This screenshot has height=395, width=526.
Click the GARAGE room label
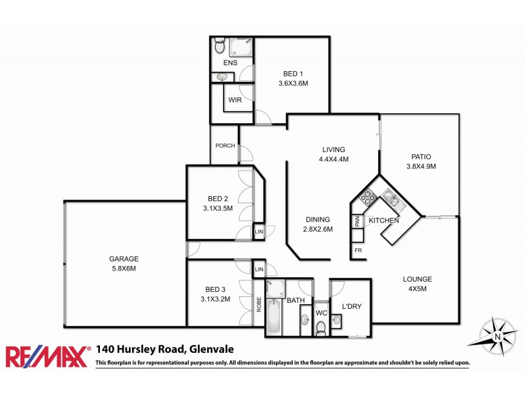tap(124, 259)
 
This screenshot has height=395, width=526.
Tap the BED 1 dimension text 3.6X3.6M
tap(291, 84)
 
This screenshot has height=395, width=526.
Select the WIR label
tap(235, 100)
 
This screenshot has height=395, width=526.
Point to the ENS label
tap(230, 63)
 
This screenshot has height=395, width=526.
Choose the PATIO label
tap(421, 157)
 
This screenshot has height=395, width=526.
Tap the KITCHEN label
tap(384, 220)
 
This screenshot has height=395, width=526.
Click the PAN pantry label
tap(358, 221)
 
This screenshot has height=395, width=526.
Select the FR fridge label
tap(358, 251)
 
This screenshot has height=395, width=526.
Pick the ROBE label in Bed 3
tap(259, 304)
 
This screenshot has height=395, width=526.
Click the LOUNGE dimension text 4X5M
tap(418, 288)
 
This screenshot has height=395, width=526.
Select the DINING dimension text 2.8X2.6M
tap(318, 229)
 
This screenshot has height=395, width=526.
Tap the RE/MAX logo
tap(47, 355)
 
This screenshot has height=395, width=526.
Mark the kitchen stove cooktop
tap(367, 196)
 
